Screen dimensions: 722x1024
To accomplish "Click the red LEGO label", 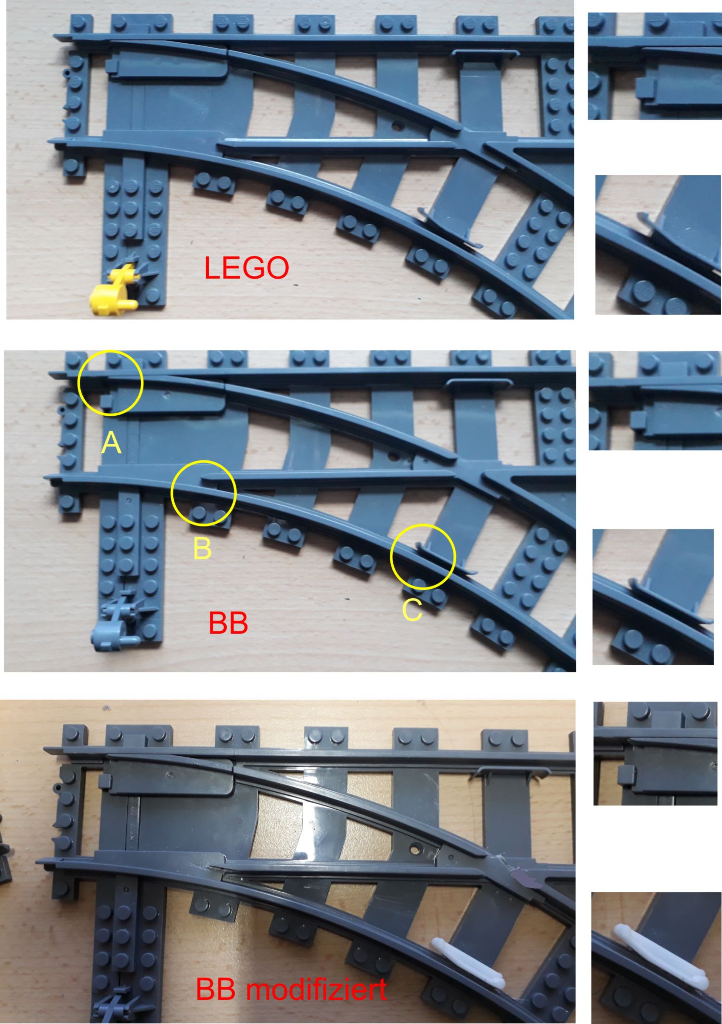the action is [x=246, y=268].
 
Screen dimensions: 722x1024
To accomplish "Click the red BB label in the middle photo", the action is [x=228, y=623].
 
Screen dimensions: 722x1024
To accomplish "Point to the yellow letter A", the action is [x=111, y=443].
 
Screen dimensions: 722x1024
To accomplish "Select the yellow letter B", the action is [x=202, y=549].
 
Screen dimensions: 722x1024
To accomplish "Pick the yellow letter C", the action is [x=412, y=610].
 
